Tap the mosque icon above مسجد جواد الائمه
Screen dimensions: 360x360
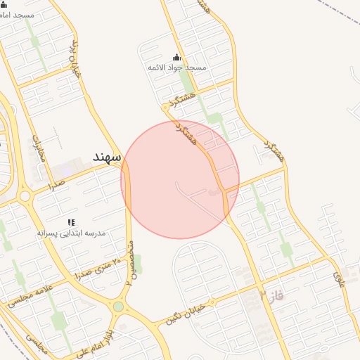(x=176, y=58)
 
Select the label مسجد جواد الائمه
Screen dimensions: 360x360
(x=176, y=67)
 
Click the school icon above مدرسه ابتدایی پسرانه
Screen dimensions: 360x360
(x=71, y=221)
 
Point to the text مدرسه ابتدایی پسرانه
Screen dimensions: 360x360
(x=71, y=231)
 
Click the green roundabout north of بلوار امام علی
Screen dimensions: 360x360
(x=118, y=307)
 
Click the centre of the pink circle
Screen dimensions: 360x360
(x=180, y=179)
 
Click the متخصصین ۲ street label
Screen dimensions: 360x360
(x=129, y=262)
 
